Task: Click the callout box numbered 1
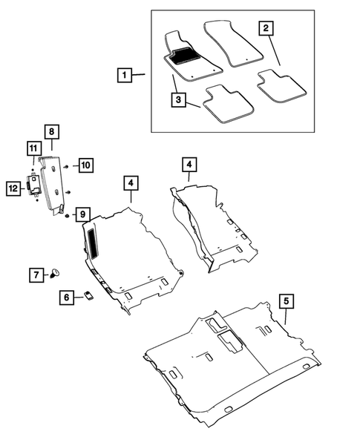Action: [125, 75]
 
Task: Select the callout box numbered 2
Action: [266, 28]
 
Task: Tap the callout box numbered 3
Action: [178, 99]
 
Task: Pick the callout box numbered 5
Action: [286, 301]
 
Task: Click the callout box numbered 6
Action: [67, 298]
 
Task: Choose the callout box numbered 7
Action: [36, 275]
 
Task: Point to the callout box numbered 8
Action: [52, 131]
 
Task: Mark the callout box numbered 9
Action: [83, 214]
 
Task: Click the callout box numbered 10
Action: [86, 165]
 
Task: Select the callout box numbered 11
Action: [34, 148]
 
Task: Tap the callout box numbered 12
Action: [13, 188]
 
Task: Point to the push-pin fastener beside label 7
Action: [55, 273]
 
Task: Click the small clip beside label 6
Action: [89, 295]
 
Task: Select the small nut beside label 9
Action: [67, 215]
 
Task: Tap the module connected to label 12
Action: [33, 185]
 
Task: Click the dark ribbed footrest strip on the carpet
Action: [93, 242]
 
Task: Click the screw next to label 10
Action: [66, 166]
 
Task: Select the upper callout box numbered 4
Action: [189, 165]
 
